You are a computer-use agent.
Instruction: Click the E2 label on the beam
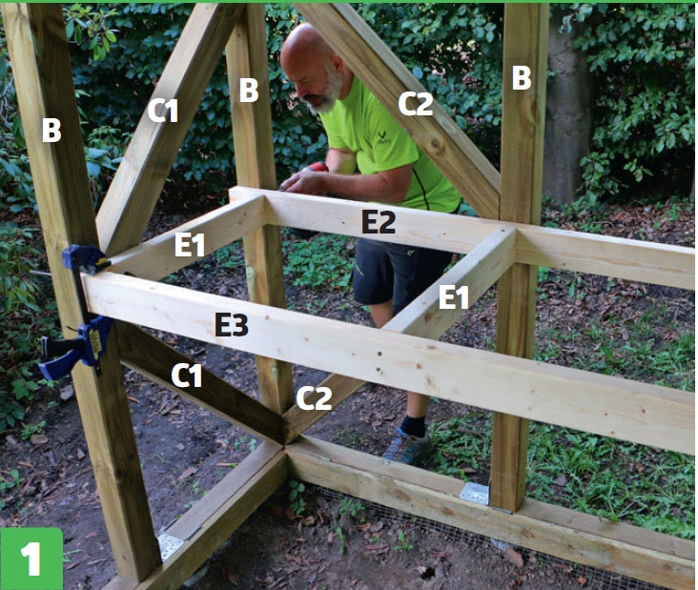tap(379, 221)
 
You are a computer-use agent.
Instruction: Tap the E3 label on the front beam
tap(232, 324)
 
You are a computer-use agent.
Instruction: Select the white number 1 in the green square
tap(31, 559)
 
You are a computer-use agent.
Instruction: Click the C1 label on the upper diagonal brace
tap(163, 111)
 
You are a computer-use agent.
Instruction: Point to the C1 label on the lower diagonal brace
tap(187, 376)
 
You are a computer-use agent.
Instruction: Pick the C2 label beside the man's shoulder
tap(416, 104)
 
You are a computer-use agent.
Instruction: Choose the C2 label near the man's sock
tap(314, 398)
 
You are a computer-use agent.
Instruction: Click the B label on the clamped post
tap(51, 130)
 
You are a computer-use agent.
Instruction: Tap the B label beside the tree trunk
tap(522, 78)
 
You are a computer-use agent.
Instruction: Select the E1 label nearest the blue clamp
tap(190, 244)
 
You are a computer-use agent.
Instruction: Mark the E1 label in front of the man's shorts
tap(454, 296)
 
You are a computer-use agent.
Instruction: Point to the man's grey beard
tap(327, 93)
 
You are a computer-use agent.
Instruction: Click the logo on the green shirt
tap(382, 136)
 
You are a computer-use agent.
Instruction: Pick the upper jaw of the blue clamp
tap(86, 259)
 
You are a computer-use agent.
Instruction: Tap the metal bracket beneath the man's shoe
tap(475, 493)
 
